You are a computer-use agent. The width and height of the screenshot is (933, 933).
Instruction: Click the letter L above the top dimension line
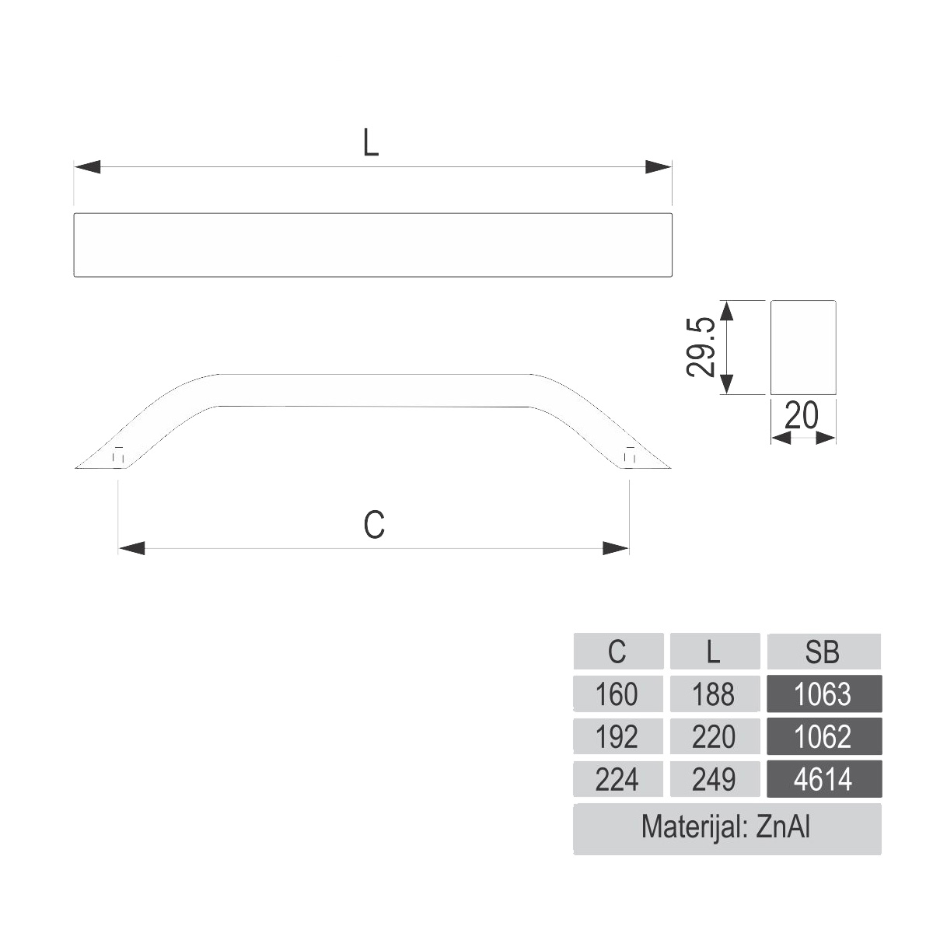pos(371,143)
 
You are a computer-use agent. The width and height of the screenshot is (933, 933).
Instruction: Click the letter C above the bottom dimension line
pos(374,524)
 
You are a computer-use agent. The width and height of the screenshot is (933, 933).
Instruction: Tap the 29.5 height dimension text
pos(701,347)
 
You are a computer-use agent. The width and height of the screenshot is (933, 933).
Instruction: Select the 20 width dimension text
pos(802,415)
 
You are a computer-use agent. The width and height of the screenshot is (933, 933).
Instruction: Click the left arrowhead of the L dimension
pos(87,167)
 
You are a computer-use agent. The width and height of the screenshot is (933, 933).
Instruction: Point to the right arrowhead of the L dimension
pos(659,167)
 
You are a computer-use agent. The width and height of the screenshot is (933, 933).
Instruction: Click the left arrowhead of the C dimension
pos(131,549)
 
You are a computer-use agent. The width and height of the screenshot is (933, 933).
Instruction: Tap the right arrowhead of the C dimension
pos(616,549)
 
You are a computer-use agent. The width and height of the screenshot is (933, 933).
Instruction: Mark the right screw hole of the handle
pos(630,455)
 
